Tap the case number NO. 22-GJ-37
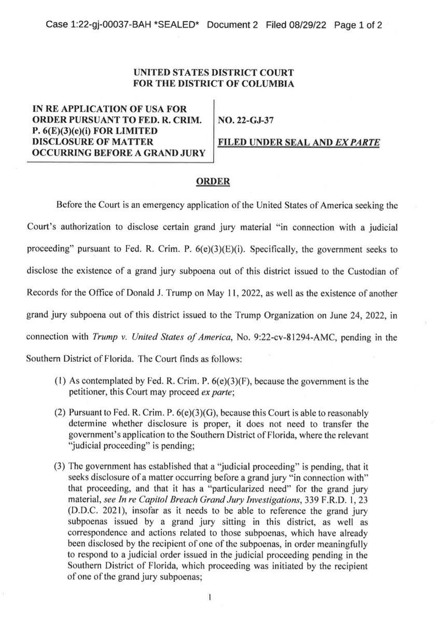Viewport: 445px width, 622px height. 248,121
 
